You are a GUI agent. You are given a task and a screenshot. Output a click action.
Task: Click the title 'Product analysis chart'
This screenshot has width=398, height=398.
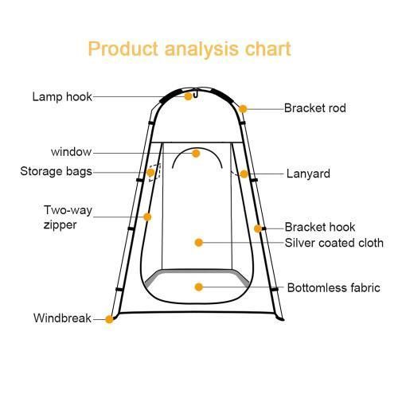click(189, 49)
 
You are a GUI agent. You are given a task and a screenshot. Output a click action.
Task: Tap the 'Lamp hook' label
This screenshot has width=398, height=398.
click(62, 97)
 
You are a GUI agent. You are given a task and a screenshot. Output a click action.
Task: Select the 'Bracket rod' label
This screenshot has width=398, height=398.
click(315, 108)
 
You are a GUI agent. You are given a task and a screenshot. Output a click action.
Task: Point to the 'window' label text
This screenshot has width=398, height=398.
click(71, 152)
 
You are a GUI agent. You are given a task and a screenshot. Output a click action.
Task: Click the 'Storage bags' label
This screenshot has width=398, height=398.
click(56, 172)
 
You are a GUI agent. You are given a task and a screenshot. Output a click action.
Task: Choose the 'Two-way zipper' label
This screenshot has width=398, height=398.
click(68, 217)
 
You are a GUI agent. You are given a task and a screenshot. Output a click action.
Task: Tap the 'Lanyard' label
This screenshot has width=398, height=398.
click(308, 174)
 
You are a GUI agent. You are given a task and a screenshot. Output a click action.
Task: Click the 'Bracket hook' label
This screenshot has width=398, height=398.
click(320, 227)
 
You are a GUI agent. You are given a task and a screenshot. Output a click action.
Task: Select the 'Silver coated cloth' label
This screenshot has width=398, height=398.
click(334, 243)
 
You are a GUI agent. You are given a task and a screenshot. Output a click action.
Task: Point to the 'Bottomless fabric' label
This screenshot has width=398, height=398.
click(334, 288)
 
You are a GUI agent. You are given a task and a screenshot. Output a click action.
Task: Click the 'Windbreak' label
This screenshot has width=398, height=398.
click(62, 318)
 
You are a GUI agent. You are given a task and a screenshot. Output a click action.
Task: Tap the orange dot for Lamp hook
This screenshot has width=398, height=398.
click(188, 96)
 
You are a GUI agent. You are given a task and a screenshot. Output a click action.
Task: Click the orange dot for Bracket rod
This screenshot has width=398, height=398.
click(243, 109)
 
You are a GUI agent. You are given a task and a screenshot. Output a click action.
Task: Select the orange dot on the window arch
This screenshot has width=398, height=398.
click(196, 154)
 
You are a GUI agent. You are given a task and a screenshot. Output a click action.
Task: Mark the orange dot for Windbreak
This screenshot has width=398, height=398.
click(109, 319)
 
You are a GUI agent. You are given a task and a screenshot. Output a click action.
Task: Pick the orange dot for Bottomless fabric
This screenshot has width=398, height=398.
click(199, 287)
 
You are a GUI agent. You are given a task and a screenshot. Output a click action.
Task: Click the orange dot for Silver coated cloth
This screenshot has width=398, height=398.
click(199, 243)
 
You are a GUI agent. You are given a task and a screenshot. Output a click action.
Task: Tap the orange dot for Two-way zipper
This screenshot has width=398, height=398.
click(147, 217)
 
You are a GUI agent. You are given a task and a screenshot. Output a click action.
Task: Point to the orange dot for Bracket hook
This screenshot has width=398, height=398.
click(258, 228)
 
